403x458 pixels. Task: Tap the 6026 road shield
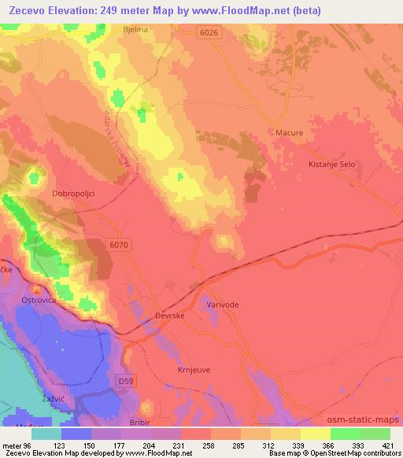tap(207, 32)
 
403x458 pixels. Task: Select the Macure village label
tap(289, 133)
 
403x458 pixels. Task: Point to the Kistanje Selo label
tap(331, 164)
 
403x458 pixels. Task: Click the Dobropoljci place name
tap(72, 193)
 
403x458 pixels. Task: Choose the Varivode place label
tap(222, 304)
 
